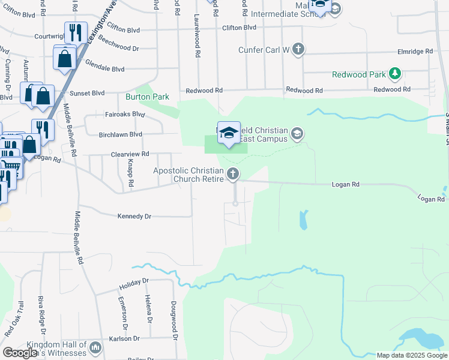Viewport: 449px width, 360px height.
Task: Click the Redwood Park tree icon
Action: click(x=395, y=74)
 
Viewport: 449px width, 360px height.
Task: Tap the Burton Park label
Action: click(x=147, y=97)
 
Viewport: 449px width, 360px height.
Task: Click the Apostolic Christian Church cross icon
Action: click(x=233, y=175)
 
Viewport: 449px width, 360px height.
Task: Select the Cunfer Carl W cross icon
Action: click(x=298, y=50)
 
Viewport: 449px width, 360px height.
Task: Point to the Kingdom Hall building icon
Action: click(x=95, y=347)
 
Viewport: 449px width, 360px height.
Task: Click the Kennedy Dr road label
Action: click(x=134, y=216)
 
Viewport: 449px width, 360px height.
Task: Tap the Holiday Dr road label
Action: click(x=133, y=281)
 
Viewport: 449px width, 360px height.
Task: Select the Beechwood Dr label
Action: click(x=119, y=44)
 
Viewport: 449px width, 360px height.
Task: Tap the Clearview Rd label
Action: click(x=130, y=154)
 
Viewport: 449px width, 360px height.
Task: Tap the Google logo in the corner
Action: click(x=20, y=352)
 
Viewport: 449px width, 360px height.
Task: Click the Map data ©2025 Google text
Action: click(x=412, y=355)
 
